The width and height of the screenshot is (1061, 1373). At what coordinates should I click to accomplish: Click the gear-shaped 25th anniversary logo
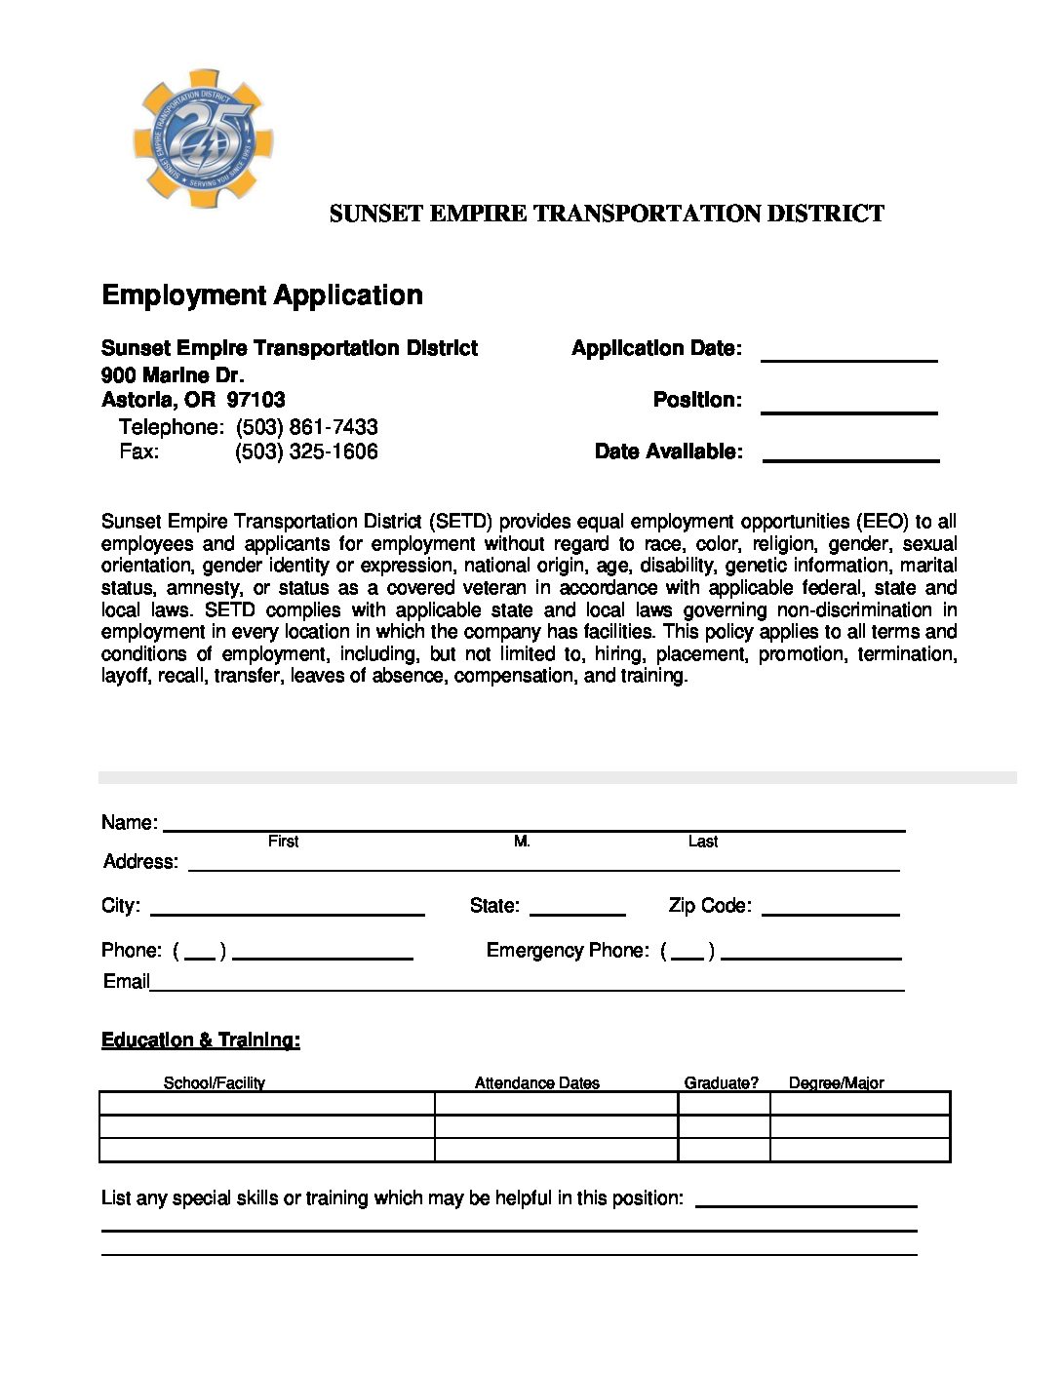[203, 138]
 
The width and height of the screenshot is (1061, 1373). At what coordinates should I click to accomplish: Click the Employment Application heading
[262, 295]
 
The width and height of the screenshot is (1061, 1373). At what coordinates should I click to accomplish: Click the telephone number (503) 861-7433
[306, 427]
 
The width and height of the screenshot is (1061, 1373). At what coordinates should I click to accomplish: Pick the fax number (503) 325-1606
[306, 451]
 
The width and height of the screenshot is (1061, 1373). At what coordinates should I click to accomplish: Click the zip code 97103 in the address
[255, 400]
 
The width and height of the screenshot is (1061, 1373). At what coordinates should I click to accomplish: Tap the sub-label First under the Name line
[283, 842]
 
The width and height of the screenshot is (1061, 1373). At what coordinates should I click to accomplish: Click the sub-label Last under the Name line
[702, 842]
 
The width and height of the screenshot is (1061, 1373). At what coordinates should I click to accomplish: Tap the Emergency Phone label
[568, 951]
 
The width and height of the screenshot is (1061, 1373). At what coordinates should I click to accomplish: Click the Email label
[126, 981]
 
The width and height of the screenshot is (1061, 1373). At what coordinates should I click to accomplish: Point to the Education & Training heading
[201, 1040]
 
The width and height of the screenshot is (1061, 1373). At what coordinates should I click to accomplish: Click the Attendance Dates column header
[536, 1082]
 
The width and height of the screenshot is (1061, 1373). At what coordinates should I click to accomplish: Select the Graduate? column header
[721, 1082]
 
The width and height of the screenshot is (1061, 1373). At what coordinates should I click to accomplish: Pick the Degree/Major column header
[836, 1082]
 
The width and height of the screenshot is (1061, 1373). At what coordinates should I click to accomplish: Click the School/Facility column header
[214, 1082]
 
